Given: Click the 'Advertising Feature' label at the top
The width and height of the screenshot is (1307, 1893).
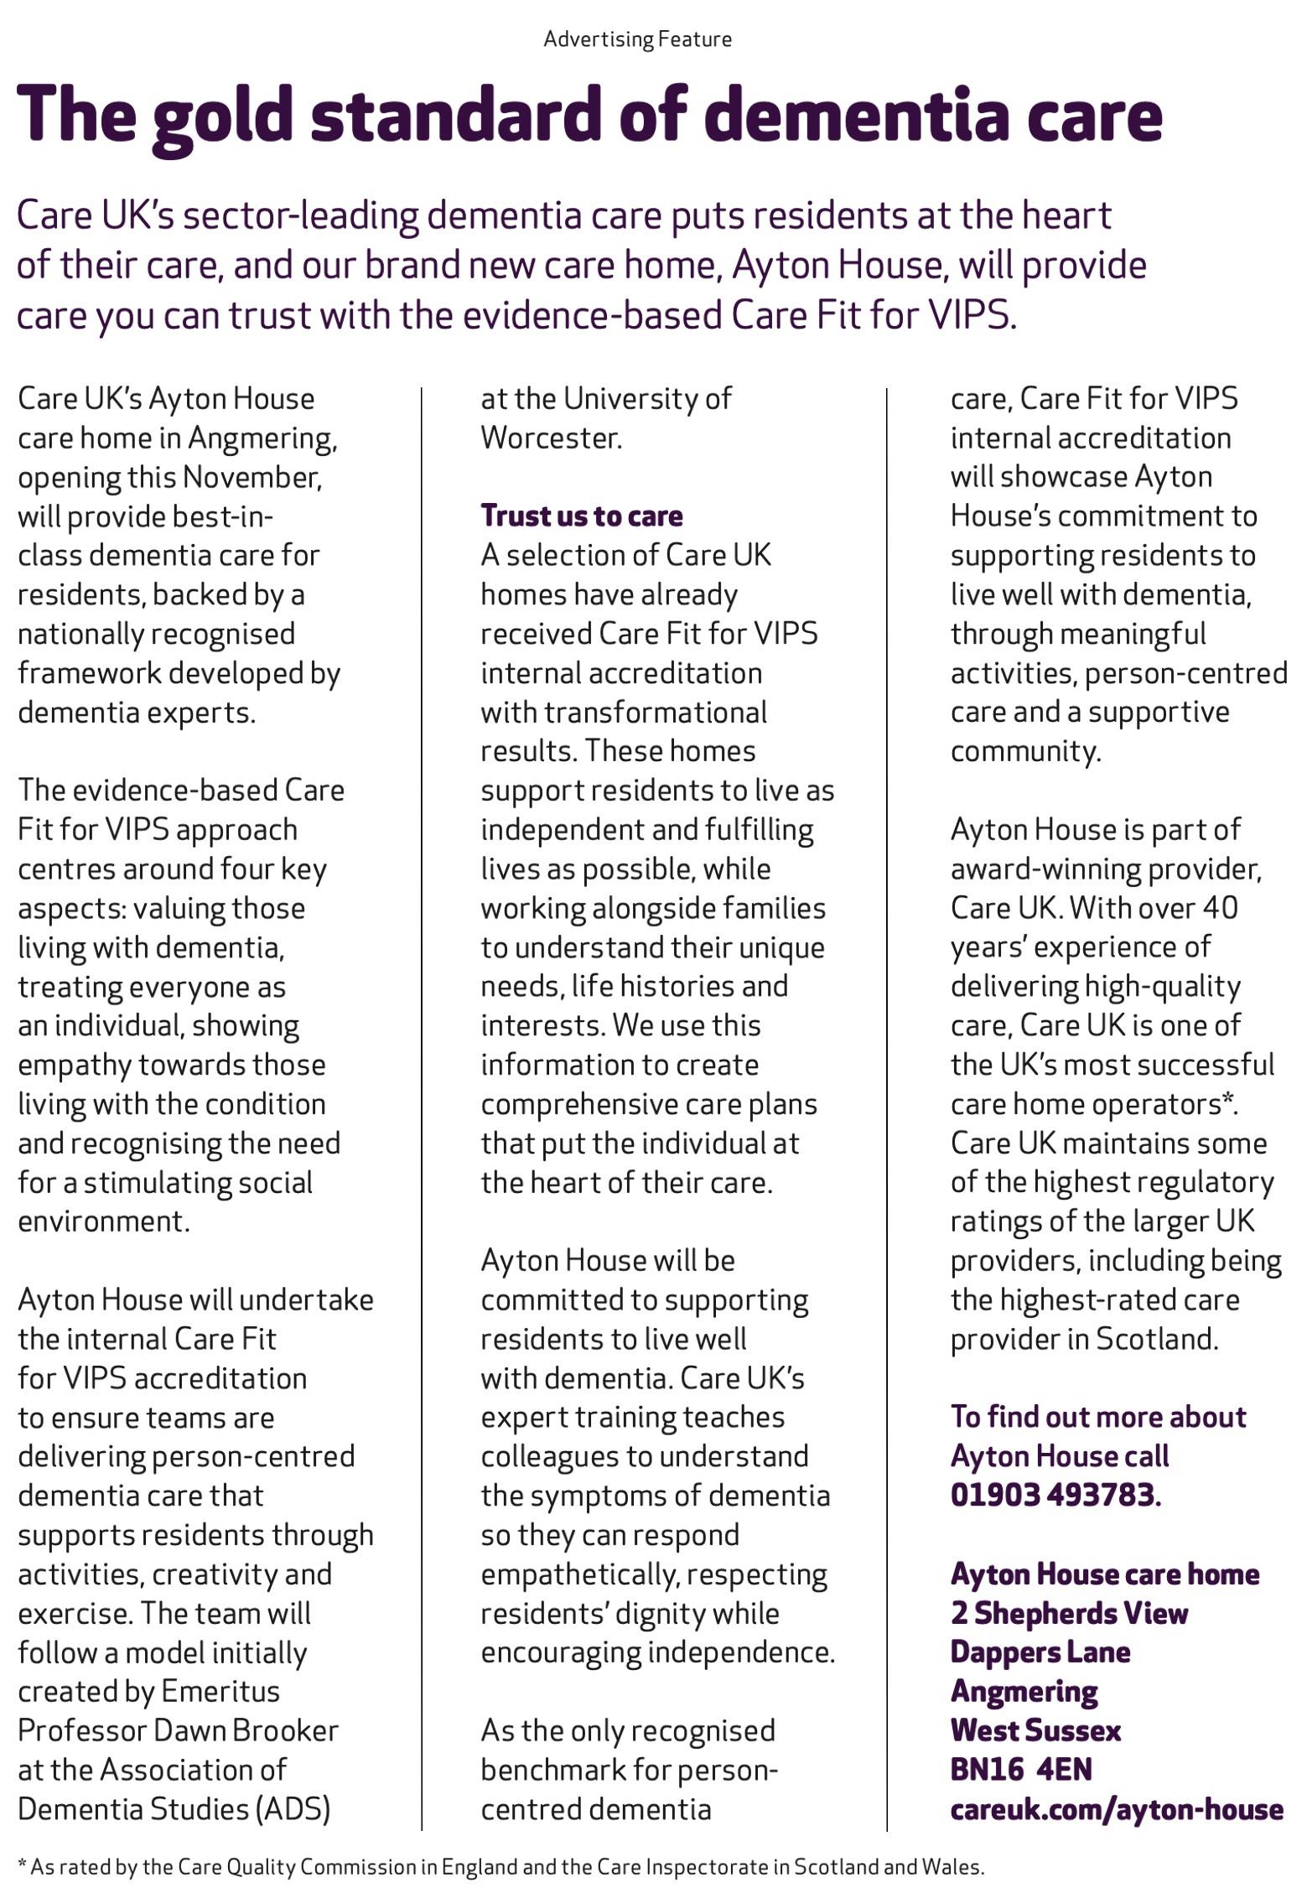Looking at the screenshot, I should pos(637,39).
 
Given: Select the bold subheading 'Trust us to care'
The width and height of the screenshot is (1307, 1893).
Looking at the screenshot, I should pos(581,516).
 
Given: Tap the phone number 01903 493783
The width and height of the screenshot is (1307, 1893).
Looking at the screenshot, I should pos(1053,1495).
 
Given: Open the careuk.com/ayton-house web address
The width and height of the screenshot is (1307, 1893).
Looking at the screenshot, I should pos(1116,1809).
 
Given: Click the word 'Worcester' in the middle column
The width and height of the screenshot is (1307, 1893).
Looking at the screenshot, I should pos(550,438).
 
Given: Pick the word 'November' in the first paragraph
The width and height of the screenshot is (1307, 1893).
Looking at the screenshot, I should pos(251,477).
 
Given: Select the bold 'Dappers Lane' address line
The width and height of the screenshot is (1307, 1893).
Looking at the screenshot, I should pos(1040,1652).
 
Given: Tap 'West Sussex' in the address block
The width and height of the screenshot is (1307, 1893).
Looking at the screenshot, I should pos(1035,1730).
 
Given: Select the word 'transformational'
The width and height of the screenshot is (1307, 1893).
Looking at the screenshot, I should pos(655,713).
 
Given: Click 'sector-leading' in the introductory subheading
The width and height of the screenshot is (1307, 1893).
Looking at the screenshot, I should pos(300,216).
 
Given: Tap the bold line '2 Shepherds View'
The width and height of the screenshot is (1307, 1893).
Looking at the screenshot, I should pos(1069,1613).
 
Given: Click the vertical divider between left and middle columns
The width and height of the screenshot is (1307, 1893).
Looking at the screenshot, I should pos(421,1090).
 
